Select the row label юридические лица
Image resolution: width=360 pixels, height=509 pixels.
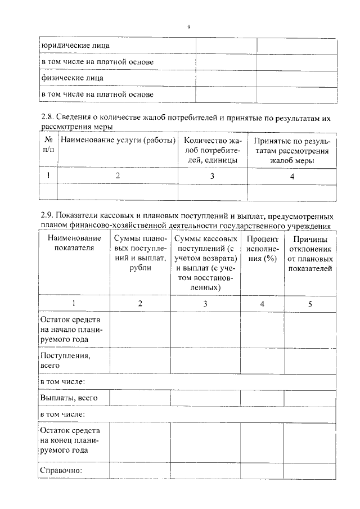pos(75,45)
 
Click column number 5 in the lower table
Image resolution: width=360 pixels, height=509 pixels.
pos(310,304)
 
